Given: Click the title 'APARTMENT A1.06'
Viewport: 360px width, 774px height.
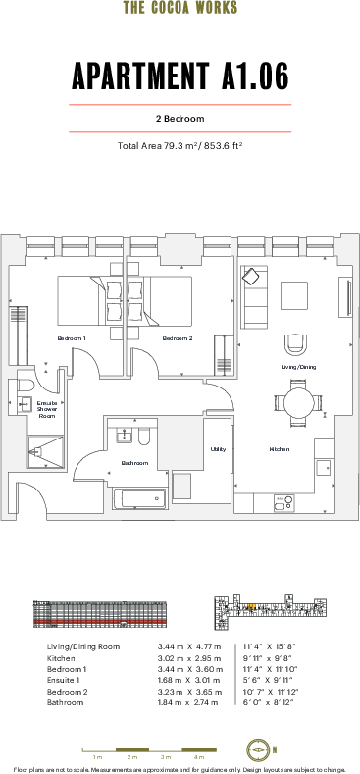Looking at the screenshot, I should tap(180, 76).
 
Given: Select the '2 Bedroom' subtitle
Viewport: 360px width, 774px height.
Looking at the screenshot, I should tap(180, 119).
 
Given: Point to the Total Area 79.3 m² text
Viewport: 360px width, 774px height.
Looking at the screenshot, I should tap(180, 146).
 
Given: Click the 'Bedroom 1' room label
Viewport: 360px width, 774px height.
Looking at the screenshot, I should tap(72, 338).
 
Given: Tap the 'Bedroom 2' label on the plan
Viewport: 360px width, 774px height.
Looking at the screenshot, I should tap(178, 338).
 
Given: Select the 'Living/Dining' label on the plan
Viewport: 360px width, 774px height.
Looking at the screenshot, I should tap(298, 367).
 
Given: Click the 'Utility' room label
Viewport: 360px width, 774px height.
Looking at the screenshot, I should tap(218, 449).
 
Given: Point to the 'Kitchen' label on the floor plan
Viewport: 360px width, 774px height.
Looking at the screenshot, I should tap(280, 449).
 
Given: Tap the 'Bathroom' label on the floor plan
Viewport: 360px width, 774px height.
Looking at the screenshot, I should tap(134, 463).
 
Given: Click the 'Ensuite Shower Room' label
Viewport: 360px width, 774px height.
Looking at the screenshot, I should tap(47, 410).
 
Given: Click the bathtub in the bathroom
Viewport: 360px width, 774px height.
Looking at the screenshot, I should tap(137, 499).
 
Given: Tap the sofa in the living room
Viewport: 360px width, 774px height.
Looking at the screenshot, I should tap(254, 297).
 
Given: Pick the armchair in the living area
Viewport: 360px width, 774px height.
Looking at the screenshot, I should tap(294, 344).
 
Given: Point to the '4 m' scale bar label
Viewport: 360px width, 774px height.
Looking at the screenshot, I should tap(198, 758).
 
